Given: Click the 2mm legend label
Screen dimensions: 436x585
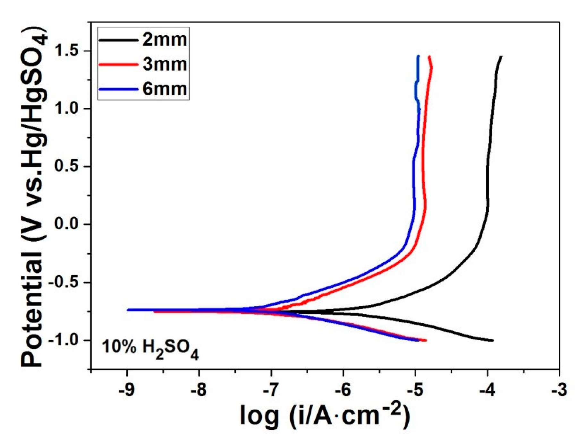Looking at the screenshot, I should click(165, 40).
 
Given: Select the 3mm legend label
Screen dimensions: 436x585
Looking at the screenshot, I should click(165, 64).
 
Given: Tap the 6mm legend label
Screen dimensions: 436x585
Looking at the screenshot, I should click(165, 89).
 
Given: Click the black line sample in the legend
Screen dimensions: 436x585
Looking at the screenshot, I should click(118, 40).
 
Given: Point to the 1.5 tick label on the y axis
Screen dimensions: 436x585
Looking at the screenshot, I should click(67, 51).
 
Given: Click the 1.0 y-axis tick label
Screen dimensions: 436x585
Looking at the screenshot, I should click(67, 109).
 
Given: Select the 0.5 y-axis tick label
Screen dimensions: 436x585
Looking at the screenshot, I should click(67, 166).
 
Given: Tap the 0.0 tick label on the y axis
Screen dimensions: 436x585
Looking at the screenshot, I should click(67, 224).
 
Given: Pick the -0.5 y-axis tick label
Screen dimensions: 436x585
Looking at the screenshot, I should click(64, 282).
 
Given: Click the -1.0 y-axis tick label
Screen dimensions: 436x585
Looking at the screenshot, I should click(64, 340).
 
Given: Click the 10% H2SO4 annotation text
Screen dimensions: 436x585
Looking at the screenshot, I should click(150, 349).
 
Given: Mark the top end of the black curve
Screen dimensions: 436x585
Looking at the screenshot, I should click(501, 57).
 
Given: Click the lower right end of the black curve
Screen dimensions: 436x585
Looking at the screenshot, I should click(492, 340).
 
